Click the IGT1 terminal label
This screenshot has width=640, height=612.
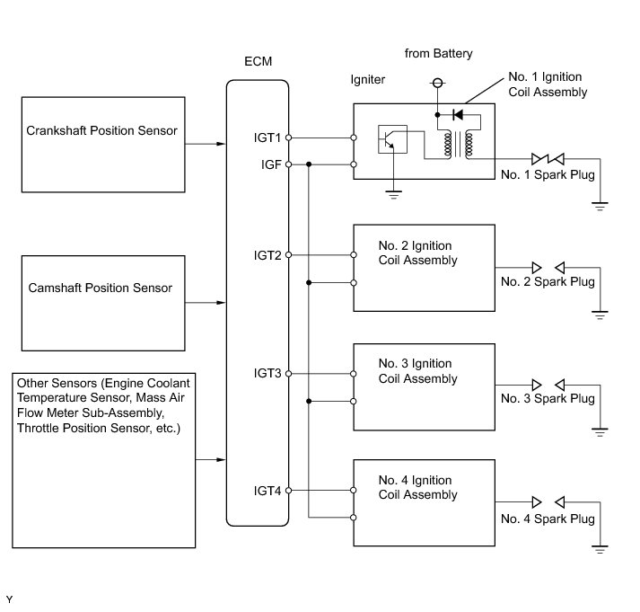click(x=267, y=137)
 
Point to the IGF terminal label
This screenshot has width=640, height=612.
click(x=270, y=164)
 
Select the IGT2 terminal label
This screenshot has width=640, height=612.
click(x=267, y=255)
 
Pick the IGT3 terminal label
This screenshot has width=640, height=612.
click(x=267, y=373)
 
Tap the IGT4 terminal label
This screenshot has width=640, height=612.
click(x=267, y=491)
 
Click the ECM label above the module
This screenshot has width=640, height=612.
click(x=258, y=62)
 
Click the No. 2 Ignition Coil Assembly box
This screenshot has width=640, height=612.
click(x=424, y=267)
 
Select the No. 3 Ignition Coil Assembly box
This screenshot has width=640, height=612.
click(x=424, y=385)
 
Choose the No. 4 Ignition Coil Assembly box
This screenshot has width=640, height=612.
click(x=424, y=501)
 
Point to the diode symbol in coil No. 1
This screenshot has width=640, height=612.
click(x=459, y=115)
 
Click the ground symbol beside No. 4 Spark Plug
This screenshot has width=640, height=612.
click(x=599, y=545)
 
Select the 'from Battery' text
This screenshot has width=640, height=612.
click(x=438, y=54)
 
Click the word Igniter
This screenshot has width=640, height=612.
click(x=367, y=80)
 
